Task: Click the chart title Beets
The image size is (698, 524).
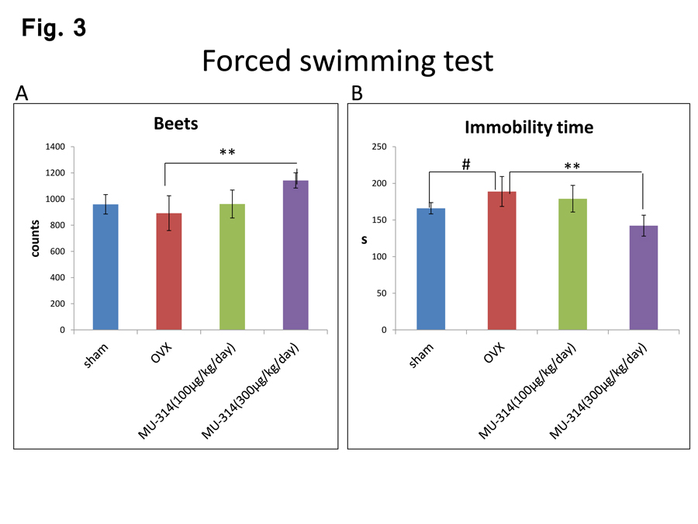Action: [x=176, y=123]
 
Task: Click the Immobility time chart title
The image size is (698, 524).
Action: [x=529, y=127]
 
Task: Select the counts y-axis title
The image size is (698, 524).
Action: [x=35, y=238]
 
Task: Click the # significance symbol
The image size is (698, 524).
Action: [x=466, y=163]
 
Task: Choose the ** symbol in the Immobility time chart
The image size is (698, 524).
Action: [x=572, y=166]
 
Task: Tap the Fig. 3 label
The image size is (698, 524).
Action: [x=54, y=28]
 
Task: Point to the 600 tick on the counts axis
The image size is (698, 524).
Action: [x=56, y=252]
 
